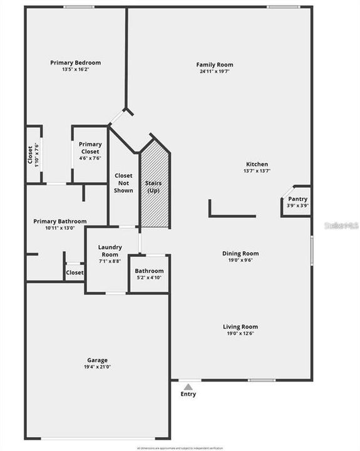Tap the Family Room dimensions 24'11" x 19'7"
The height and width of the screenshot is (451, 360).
[x=215, y=71]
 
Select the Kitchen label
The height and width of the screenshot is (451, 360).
[x=257, y=164]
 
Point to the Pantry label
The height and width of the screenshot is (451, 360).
[x=298, y=199]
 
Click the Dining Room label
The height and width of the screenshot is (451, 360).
[x=240, y=254]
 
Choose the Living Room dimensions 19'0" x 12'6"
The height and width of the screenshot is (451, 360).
[x=240, y=333]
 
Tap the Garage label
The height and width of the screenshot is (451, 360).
[x=97, y=360]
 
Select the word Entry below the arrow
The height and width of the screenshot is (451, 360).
[x=188, y=394]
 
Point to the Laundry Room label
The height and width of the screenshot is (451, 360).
[x=110, y=251]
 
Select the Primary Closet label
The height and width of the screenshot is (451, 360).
[x=90, y=148]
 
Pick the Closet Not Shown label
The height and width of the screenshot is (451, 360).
[x=123, y=183]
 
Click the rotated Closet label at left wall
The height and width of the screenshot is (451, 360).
[x=30, y=155]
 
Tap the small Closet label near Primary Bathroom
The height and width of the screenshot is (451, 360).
[x=75, y=272]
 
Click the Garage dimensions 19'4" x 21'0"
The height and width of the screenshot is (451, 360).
[x=97, y=367]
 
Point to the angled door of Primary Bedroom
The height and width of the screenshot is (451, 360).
[x=117, y=117]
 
